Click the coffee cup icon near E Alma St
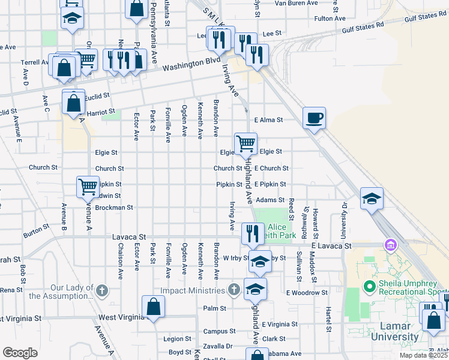(314, 117)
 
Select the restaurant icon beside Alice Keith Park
(253, 232)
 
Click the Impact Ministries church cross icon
(234, 290)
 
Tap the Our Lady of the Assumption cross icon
(103, 290)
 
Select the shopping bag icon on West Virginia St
(154, 307)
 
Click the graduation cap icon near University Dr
(372, 198)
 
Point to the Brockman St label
(113, 208)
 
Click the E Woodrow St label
(307, 293)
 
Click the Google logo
(20, 352)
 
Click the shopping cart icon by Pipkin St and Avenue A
(88, 187)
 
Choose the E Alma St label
(268, 119)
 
